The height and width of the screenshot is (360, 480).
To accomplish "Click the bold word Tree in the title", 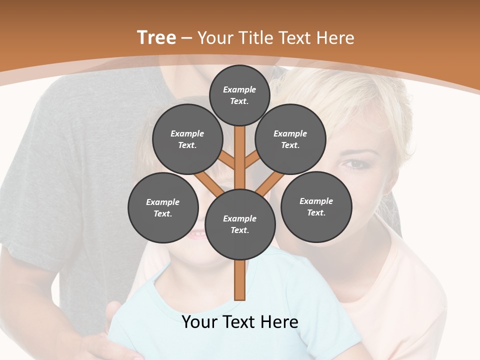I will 156,37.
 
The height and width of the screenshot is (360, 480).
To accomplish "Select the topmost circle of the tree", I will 239,95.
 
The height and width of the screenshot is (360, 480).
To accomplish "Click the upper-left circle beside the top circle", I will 187,139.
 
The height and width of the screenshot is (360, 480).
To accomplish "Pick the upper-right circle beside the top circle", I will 290,139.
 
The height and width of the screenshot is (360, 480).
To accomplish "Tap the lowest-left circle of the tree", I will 163,207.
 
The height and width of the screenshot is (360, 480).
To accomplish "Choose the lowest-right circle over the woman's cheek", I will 316,206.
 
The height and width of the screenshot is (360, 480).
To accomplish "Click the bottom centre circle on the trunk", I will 240,224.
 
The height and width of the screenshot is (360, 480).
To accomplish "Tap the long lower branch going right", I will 270,183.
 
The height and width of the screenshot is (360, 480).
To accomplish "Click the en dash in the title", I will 186,38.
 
